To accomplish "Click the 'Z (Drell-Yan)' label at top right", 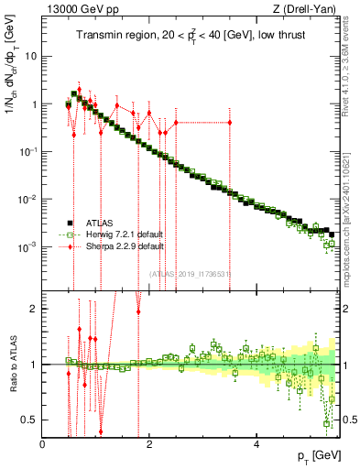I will point(308,8).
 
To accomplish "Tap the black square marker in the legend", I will point(69,223).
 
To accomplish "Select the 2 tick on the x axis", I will point(150,444).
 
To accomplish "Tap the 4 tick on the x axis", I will point(256,444).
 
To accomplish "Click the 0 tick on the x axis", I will point(43,444).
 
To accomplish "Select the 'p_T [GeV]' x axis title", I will point(317,455).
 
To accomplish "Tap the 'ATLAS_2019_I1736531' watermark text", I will point(189,272).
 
